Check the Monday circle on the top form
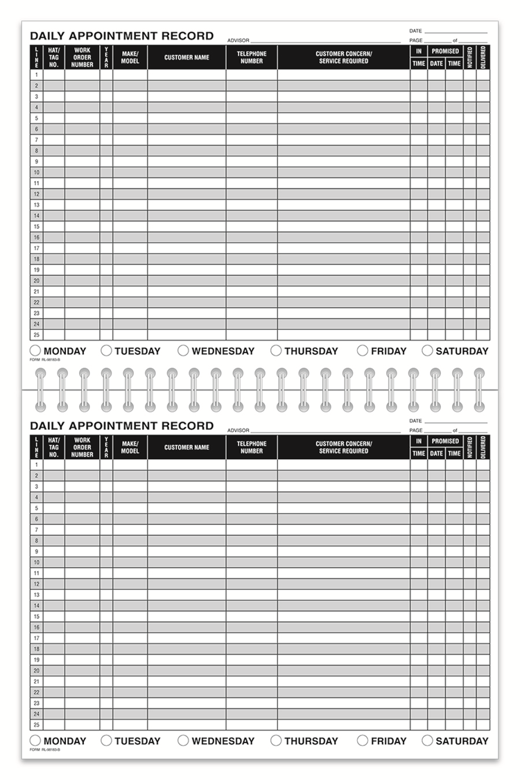click(x=35, y=351)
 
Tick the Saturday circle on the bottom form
click(x=427, y=740)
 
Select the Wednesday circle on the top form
click(x=183, y=351)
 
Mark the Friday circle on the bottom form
click(x=363, y=740)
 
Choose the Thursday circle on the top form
click(x=276, y=351)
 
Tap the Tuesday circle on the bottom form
click(x=106, y=740)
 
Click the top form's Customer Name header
click(x=187, y=58)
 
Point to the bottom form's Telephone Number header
click(x=252, y=447)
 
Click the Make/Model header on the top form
click(x=130, y=58)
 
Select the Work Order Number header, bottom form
click(x=83, y=447)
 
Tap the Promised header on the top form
click(x=445, y=51)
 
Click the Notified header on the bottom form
click(x=470, y=447)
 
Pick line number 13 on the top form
click(x=36, y=205)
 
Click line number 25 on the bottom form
click(x=36, y=725)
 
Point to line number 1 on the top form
click(x=36, y=75)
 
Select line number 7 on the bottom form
click(x=36, y=530)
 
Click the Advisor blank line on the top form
click(x=326, y=40)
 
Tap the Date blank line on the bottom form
click(x=456, y=421)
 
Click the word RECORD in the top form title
click(x=188, y=36)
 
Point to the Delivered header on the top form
click(x=483, y=58)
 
